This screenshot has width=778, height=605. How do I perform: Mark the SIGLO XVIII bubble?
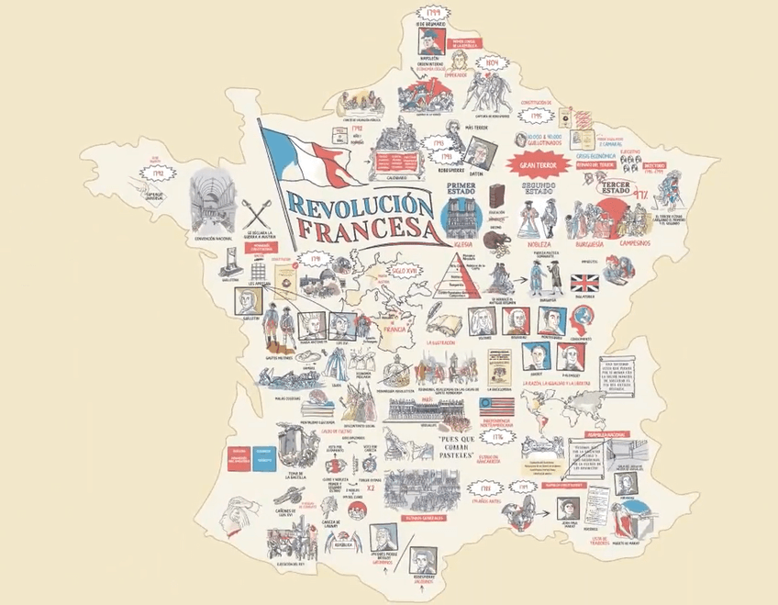[x=406, y=272]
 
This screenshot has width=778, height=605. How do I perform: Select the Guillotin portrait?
[x=246, y=300]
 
